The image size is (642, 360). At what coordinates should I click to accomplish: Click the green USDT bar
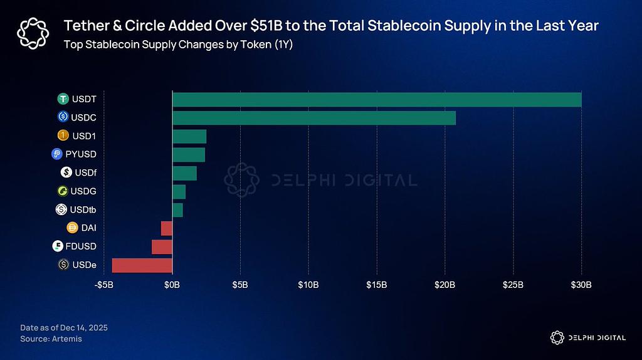376,99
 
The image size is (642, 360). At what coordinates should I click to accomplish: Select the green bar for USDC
313,117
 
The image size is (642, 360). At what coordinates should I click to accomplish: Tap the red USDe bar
142,265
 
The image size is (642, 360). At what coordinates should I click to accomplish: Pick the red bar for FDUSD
162,246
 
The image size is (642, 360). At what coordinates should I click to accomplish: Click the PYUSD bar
188,154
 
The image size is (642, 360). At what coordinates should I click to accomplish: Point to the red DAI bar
166,228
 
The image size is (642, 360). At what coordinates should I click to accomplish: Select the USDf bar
184,172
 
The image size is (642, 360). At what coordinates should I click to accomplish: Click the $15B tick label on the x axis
377,285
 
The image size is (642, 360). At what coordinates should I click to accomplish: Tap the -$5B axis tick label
104,285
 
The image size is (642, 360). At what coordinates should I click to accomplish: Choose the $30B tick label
581,285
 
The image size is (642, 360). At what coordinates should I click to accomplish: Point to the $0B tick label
172,285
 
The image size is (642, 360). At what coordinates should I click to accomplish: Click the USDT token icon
63,99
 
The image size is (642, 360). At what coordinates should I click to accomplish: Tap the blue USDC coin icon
63,117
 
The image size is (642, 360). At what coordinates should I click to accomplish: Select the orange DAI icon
71,228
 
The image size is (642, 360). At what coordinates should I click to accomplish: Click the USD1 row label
84,135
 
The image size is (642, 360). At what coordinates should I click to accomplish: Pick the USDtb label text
84,209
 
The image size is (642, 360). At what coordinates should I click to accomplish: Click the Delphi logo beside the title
31,32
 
